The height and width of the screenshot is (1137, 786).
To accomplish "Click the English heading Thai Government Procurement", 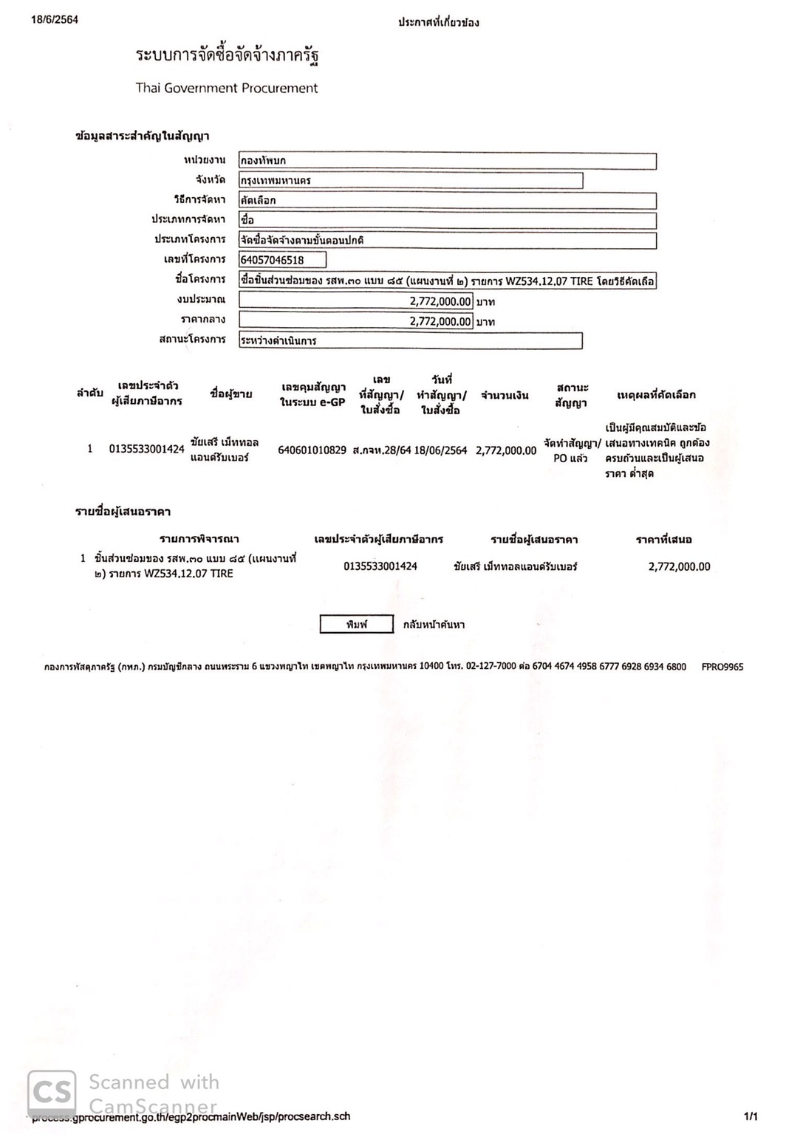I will [x=226, y=88].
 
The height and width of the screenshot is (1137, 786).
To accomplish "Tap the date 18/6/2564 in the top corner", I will [x=55, y=20].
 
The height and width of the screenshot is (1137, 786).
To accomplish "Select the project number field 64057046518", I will [x=282, y=260].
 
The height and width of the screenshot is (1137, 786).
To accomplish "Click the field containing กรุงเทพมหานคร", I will [x=411, y=181].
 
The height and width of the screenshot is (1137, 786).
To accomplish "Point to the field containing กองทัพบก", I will [x=447, y=161].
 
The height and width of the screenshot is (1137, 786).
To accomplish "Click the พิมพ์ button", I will [x=356, y=625].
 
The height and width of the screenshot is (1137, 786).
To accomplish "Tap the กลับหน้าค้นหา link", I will [x=434, y=625].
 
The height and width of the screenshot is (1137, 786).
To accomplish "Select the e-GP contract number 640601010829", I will [x=312, y=450].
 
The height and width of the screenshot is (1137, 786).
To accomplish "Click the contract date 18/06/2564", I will [x=440, y=450].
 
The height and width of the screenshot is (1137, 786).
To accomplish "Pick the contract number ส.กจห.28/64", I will [x=381, y=450].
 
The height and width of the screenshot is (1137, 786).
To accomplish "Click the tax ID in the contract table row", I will [x=146, y=449].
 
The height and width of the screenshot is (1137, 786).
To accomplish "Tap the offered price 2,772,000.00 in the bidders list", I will [x=679, y=567].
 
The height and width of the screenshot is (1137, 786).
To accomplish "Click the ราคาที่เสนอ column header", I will [x=663, y=540].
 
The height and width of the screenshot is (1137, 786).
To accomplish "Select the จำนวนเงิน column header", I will [x=505, y=396].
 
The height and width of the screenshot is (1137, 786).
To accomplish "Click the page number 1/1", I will [x=750, y=1116].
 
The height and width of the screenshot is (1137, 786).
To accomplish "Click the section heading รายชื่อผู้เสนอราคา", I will [x=123, y=512].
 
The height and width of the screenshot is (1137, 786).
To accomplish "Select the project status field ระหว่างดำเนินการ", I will [x=411, y=341].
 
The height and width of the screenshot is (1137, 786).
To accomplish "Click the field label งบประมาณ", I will [x=201, y=300].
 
